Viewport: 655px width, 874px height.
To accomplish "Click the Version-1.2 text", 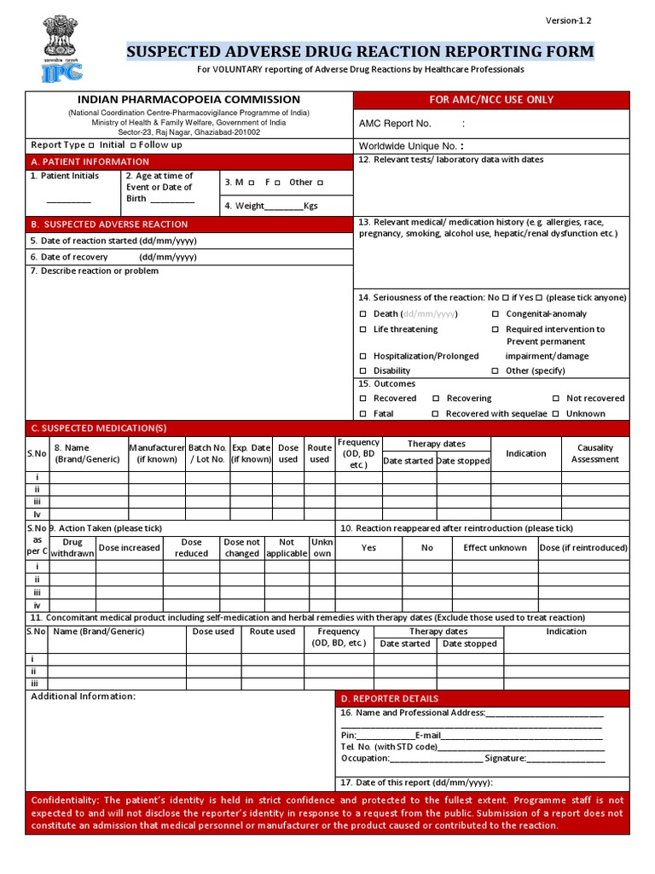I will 569,20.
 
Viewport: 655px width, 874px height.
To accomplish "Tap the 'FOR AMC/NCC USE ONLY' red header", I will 491,100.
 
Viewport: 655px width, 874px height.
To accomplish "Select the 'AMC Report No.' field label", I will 395,124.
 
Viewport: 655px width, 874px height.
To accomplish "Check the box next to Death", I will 363,314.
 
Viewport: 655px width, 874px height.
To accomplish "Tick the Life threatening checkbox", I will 363,329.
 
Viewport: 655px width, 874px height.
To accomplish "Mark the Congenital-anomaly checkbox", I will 496,314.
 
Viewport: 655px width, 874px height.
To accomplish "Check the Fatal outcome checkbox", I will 363,414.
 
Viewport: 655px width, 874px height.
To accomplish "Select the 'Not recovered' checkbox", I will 556,399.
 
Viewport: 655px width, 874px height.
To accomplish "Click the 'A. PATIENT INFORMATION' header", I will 90,161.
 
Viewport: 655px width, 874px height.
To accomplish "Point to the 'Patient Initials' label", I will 65,176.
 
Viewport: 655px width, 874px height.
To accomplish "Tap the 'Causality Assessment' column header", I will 595,453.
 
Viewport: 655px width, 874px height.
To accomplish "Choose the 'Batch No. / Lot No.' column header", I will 207,453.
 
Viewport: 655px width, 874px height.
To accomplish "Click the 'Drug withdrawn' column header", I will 72,548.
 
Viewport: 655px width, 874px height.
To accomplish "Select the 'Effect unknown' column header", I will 495,548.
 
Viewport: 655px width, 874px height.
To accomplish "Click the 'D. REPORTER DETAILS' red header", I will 390,698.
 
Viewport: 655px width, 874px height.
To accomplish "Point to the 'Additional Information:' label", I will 84,696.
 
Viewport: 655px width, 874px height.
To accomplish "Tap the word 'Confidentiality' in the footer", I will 64,801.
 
